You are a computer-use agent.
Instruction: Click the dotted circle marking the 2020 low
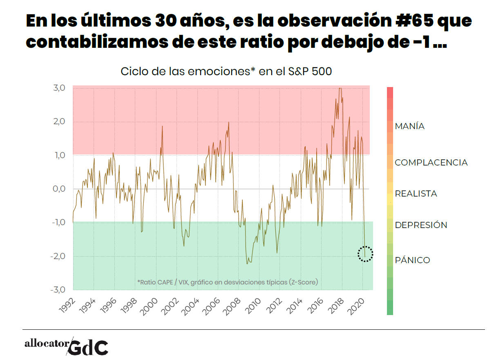click(x=365, y=254)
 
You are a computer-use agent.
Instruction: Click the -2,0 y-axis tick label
click(x=58, y=256)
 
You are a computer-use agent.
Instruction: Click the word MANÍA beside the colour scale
click(x=409, y=126)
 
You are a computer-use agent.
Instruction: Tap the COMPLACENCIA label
click(x=431, y=163)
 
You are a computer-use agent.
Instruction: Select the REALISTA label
click(x=416, y=194)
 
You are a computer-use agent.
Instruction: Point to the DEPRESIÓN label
click(x=420, y=225)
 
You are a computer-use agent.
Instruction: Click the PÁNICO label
click(x=412, y=260)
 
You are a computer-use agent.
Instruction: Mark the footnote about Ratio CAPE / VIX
click(x=227, y=282)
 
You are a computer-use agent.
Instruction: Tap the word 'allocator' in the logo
click(x=47, y=344)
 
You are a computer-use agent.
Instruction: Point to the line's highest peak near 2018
click(x=340, y=88)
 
